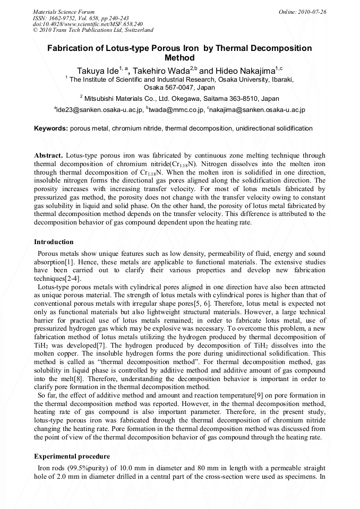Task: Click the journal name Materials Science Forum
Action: (x=64, y=12)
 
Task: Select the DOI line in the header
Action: (x=88, y=24)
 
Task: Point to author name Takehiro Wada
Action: (x=160, y=71)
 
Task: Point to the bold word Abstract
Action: (x=48, y=155)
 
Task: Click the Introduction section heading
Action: (x=54, y=242)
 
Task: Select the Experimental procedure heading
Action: (x=72, y=456)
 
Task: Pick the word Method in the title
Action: (x=179, y=58)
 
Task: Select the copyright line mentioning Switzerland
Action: (x=93, y=30)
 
